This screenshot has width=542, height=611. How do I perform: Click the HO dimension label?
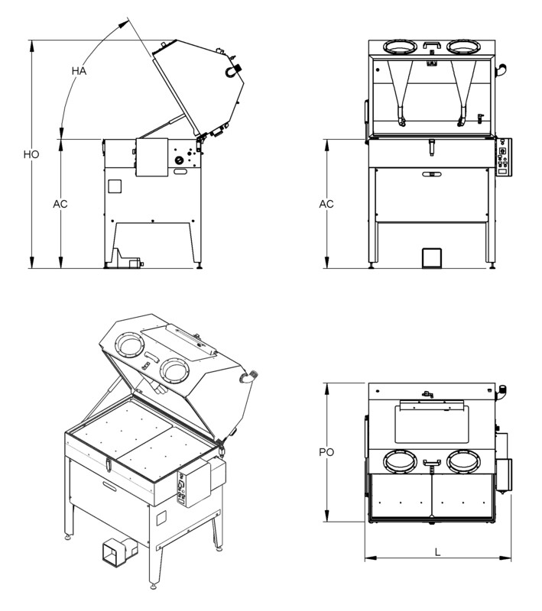click(31, 154)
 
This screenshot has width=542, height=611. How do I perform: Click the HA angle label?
click(79, 71)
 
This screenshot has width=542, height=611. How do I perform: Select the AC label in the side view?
click(60, 204)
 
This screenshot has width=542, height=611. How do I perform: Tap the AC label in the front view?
click(326, 204)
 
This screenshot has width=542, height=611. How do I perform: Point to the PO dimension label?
click(326, 452)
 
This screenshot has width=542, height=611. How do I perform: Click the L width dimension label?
click(437, 552)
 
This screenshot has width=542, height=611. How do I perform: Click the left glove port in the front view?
click(400, 47)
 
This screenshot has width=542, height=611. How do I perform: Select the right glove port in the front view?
click(463, 47)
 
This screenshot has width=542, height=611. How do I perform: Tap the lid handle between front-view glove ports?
click(432, 45)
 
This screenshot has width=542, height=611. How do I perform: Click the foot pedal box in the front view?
click(432, 257)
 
